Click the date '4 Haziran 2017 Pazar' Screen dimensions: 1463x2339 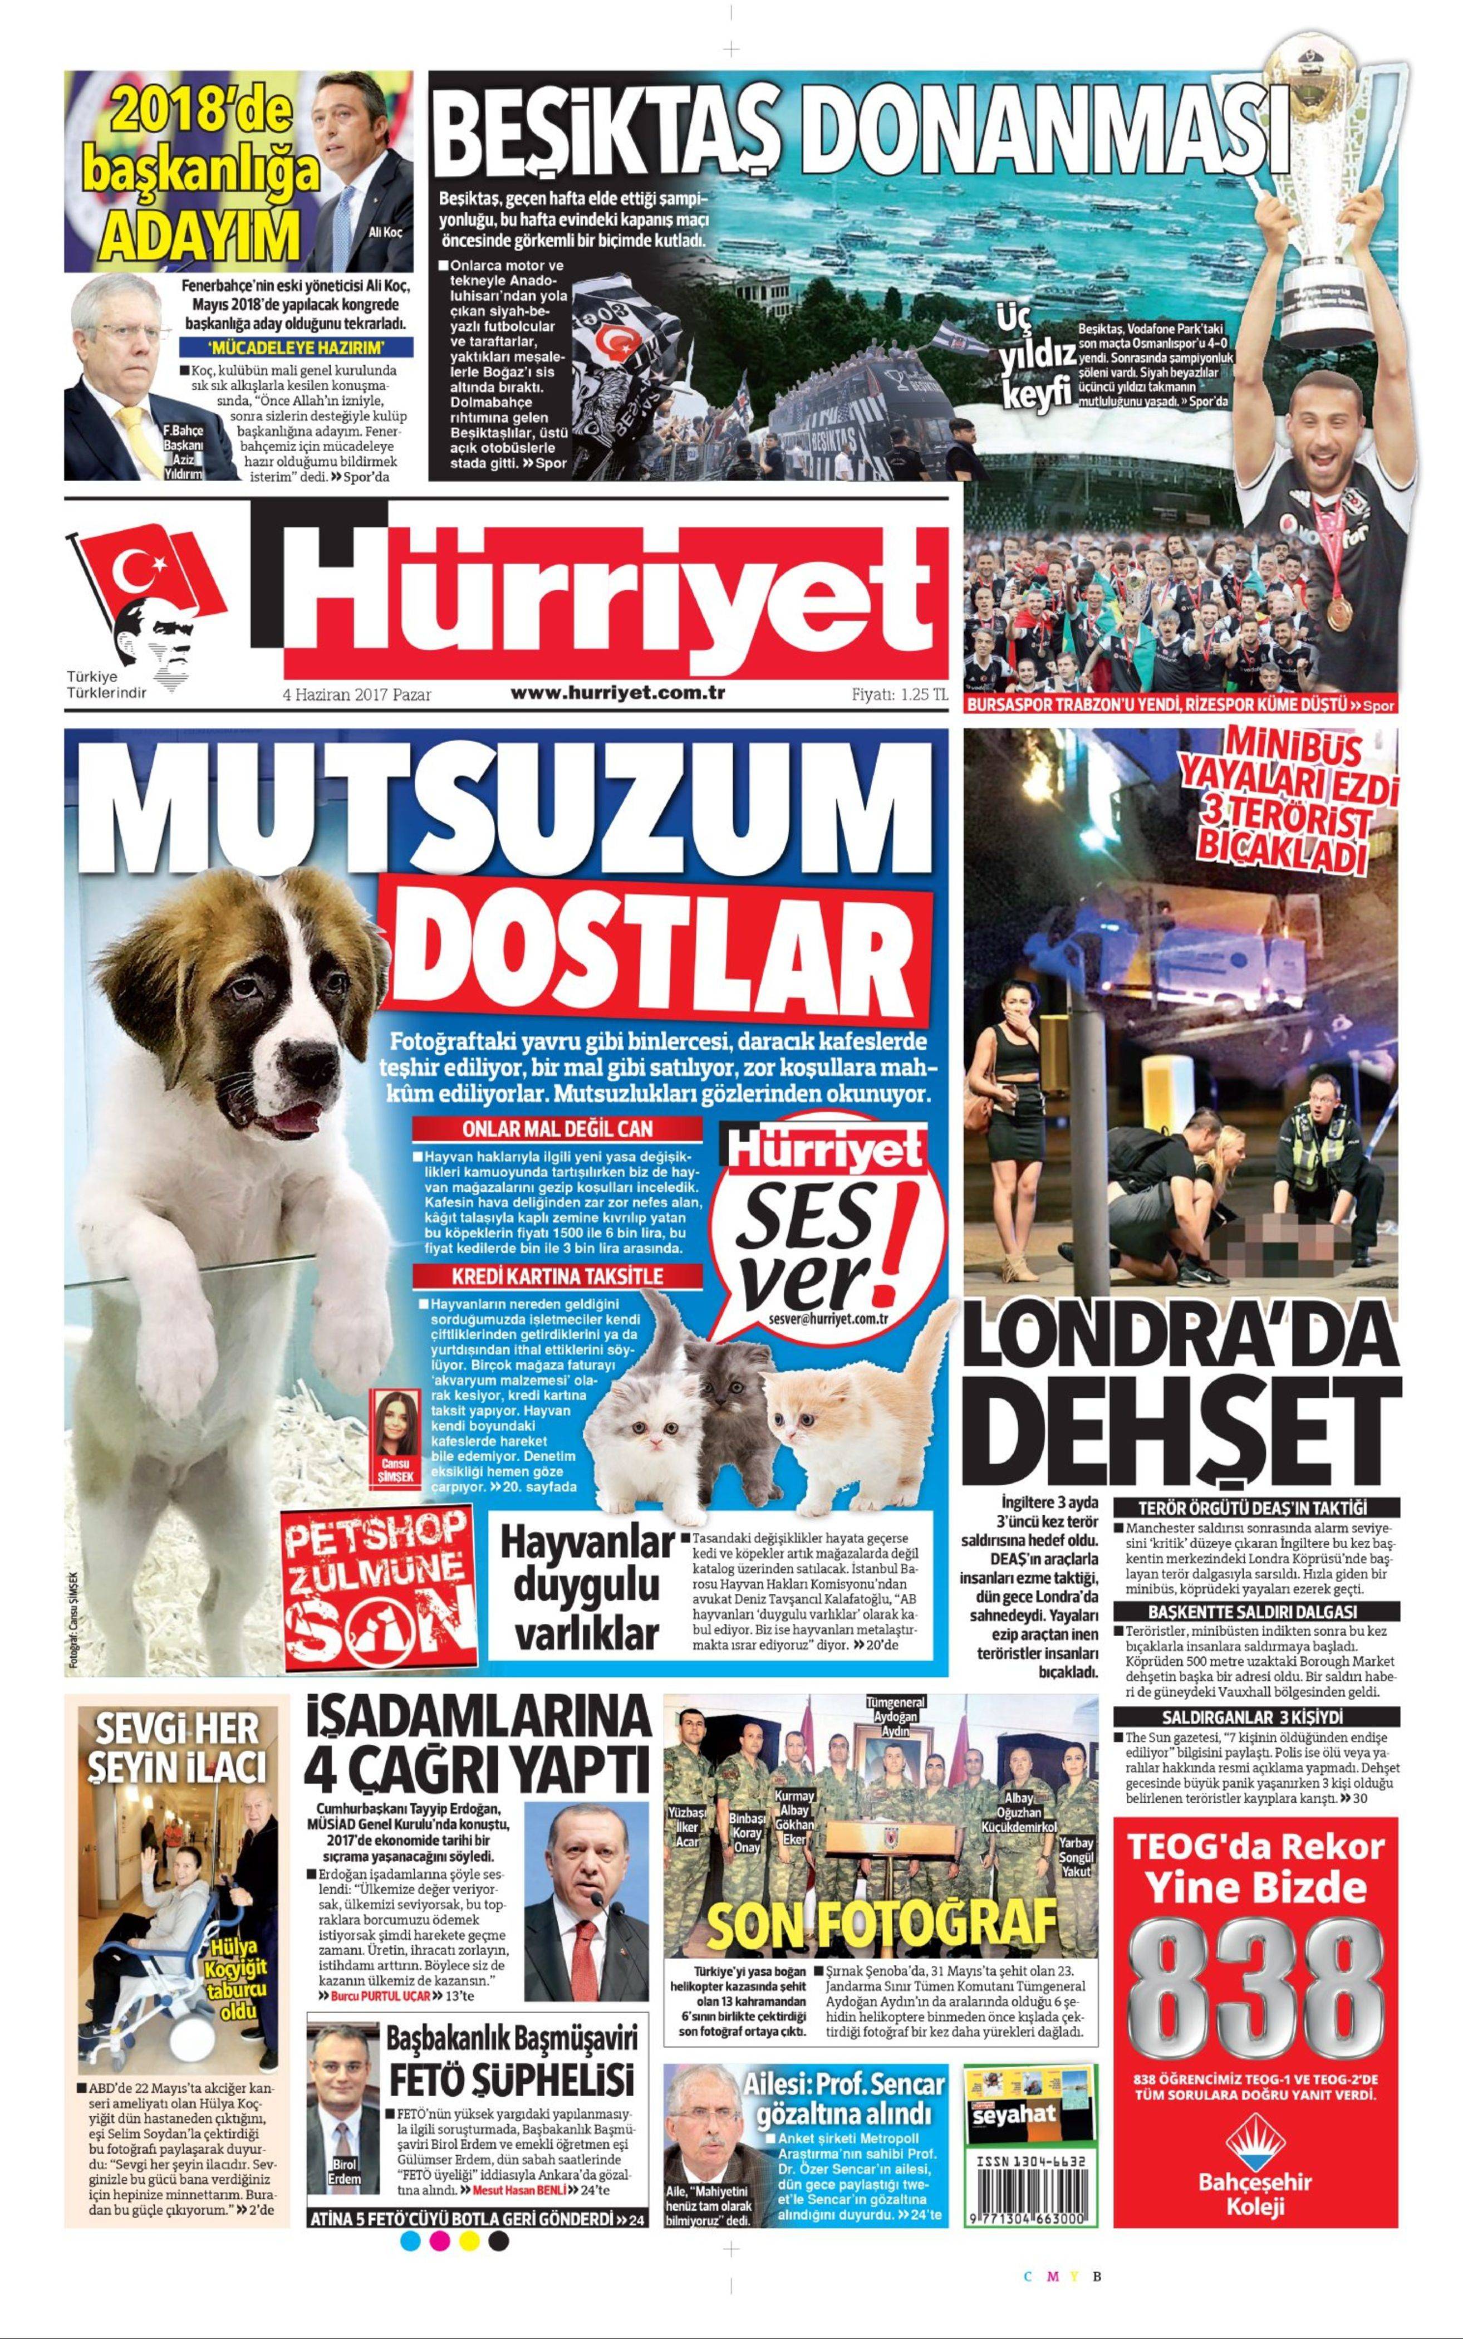click(x=356, y=694)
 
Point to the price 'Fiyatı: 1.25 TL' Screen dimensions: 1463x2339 click(x=899, y=694)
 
